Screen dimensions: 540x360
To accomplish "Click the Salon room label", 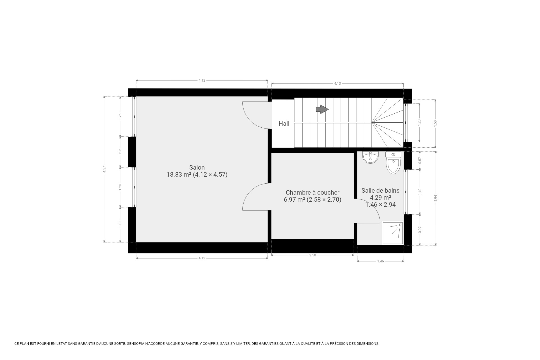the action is [x=197, y=168].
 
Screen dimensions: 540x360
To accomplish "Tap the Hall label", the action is [x=284, y=123].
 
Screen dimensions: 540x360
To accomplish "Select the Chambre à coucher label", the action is [x=312, y=193].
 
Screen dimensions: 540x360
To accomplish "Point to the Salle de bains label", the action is [x=380, y=190].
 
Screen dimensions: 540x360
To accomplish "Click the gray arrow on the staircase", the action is [x=322, y=109].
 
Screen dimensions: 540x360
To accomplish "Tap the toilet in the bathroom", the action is [x=393, y=163].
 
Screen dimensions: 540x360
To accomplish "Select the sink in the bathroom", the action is [x=370, y=158].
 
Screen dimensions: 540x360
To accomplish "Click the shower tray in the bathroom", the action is [x=393, y=233].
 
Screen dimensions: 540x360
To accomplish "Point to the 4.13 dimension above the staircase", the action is [x=337, y=84].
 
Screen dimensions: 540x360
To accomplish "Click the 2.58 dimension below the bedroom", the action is [x=312, y=255].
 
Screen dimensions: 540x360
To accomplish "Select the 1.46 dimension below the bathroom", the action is [x=380, y=261].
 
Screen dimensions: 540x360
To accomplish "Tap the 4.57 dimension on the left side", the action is [x=104, y=169].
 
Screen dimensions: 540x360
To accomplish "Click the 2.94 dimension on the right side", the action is [x=436, y=198].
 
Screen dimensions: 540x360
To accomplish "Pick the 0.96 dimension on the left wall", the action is [x=120, y=152].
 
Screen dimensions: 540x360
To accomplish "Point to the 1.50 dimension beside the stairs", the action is [x=435, y=123].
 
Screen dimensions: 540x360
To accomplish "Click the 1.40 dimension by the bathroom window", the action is [x=420, y=192].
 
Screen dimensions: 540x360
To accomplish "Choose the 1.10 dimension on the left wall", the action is [x=120, y=224].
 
